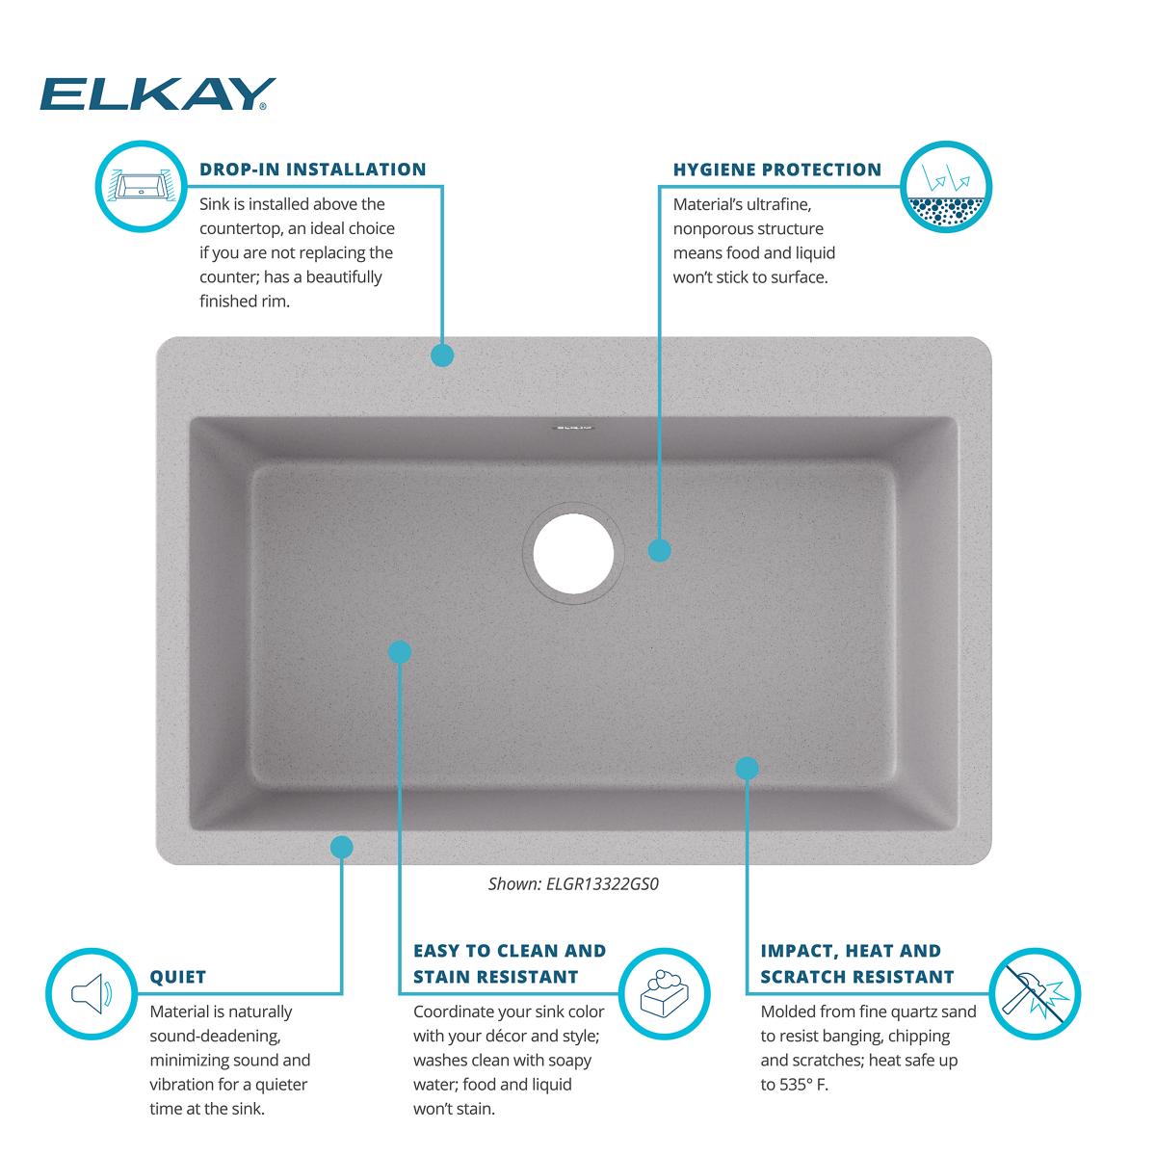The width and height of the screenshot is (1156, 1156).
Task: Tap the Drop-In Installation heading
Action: tap(312, 170)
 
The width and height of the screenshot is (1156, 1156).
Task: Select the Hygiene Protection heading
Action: tap(776, 170)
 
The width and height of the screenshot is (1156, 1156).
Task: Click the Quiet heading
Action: tap(178, 977)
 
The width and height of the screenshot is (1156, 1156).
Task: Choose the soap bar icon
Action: tap(660, 993)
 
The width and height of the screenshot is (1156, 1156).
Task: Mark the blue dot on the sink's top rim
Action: tap(441, 355)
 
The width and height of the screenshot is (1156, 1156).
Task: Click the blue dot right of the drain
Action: tap(659, 550)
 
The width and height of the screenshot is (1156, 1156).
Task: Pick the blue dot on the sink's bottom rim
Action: tap(341, 847)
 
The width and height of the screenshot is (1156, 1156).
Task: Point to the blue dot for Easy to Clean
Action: tap(400, 652)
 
